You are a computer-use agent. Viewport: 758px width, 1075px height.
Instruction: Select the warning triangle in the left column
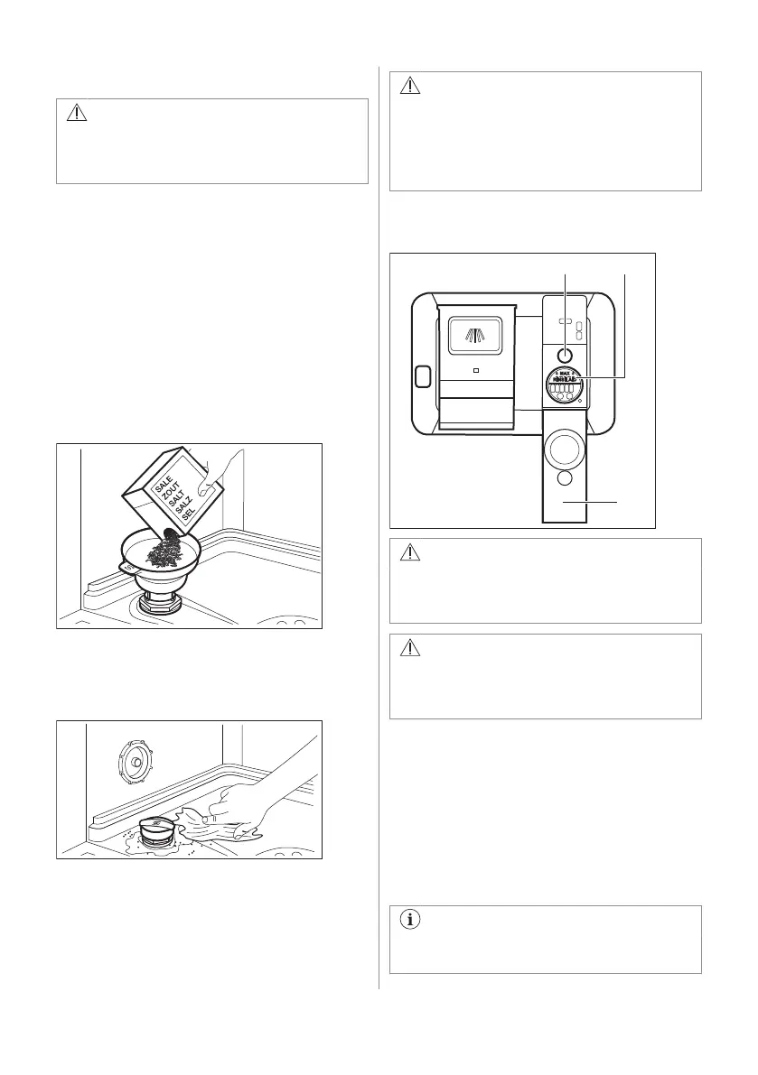pos(77,114)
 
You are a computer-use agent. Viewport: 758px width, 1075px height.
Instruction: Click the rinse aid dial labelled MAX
pos(566,385)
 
